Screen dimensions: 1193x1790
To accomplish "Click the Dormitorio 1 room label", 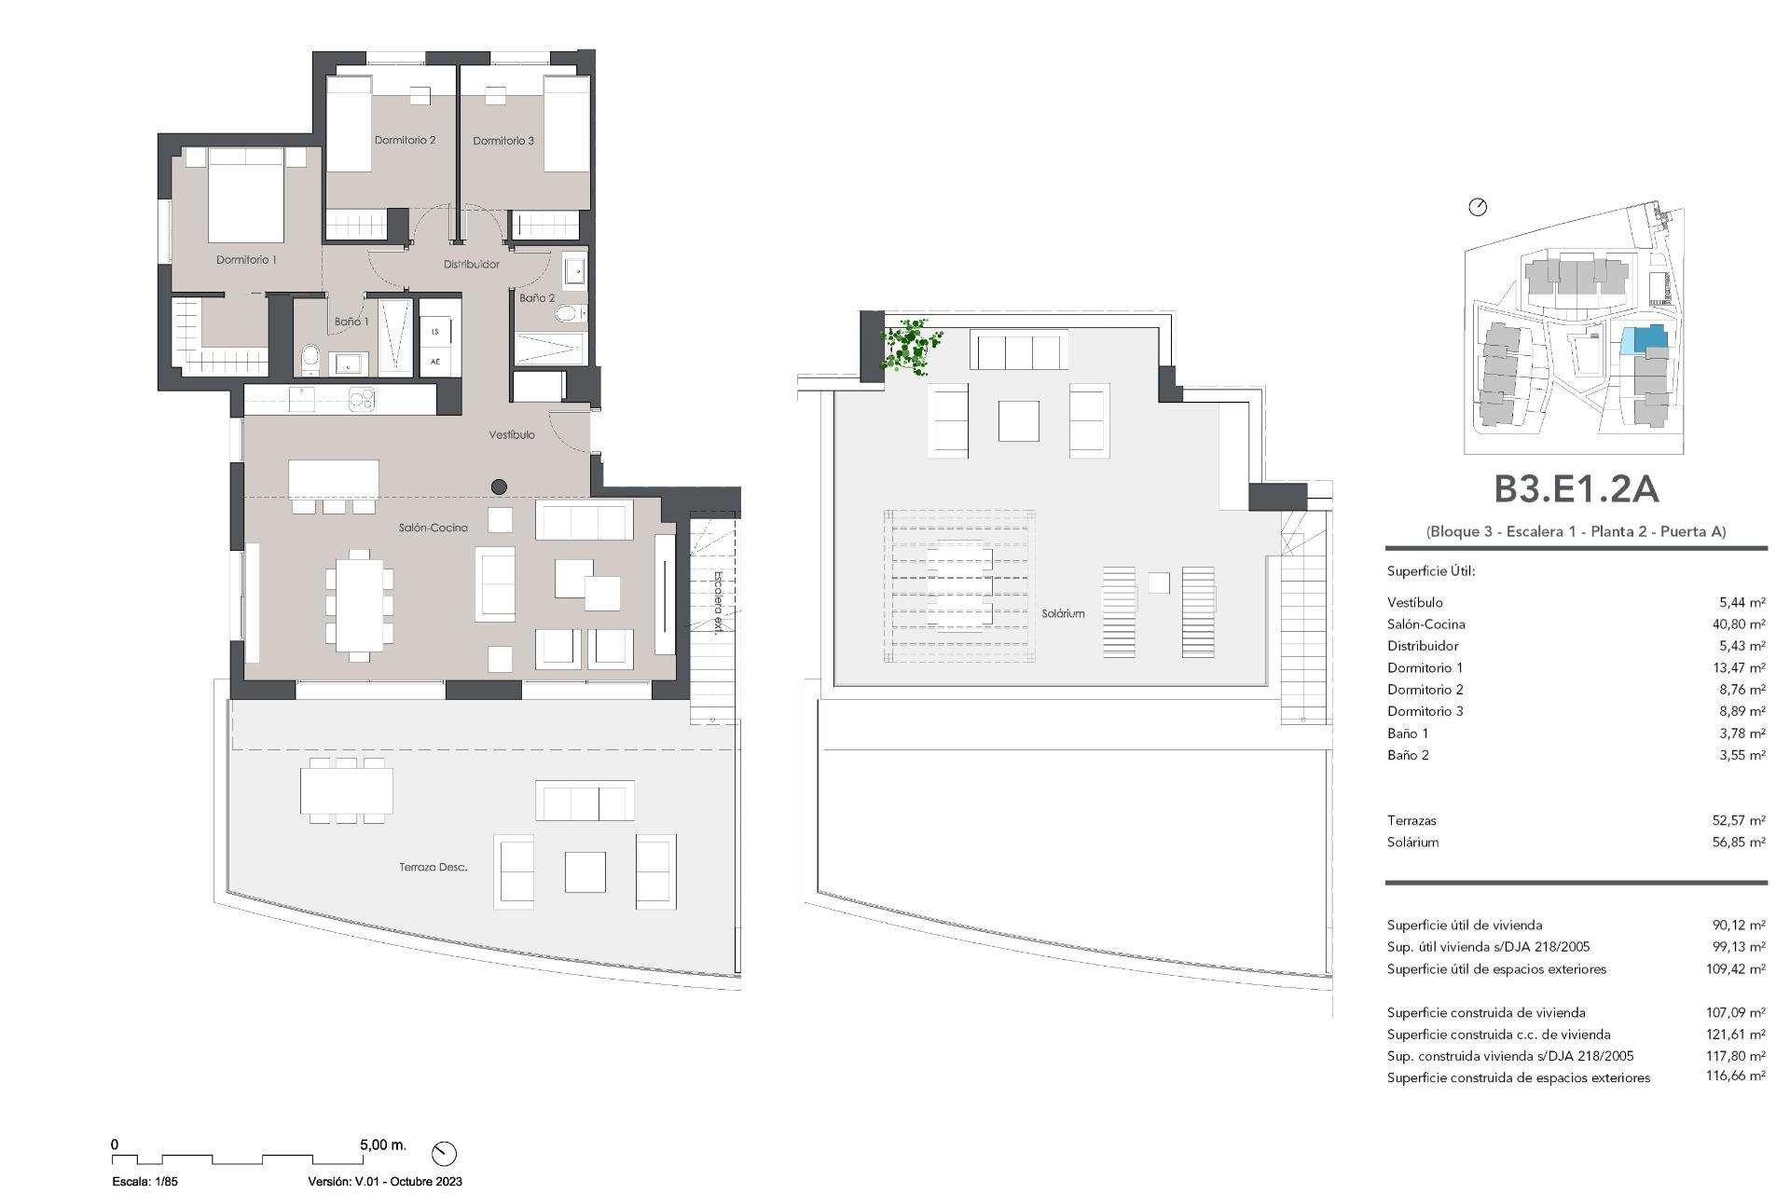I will point(246,260).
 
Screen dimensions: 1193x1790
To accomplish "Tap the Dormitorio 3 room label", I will point(503,141).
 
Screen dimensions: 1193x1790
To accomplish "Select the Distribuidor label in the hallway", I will point(471,265).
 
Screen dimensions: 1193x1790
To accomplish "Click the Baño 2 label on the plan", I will point(537,298).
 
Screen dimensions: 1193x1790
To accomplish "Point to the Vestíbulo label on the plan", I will point(512,435).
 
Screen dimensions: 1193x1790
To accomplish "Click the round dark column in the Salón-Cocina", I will point(499,487).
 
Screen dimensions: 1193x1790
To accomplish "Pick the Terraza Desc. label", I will point(433,867).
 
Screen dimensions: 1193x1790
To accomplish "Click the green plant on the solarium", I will point(909,347).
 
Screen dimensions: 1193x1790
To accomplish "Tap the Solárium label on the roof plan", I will point(1063,614).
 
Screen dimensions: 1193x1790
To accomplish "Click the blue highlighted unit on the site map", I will point(1642,338).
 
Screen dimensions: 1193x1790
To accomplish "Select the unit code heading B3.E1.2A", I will point(1576,489).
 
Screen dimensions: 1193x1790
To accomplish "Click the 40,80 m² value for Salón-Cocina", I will point(1738,624).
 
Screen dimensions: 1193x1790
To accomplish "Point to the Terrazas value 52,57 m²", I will point(1738,821).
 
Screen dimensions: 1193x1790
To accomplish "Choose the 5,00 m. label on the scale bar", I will point(382,1145).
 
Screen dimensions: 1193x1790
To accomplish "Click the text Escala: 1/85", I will point(145,1181).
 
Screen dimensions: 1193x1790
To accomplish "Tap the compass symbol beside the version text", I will point(444,1153).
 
